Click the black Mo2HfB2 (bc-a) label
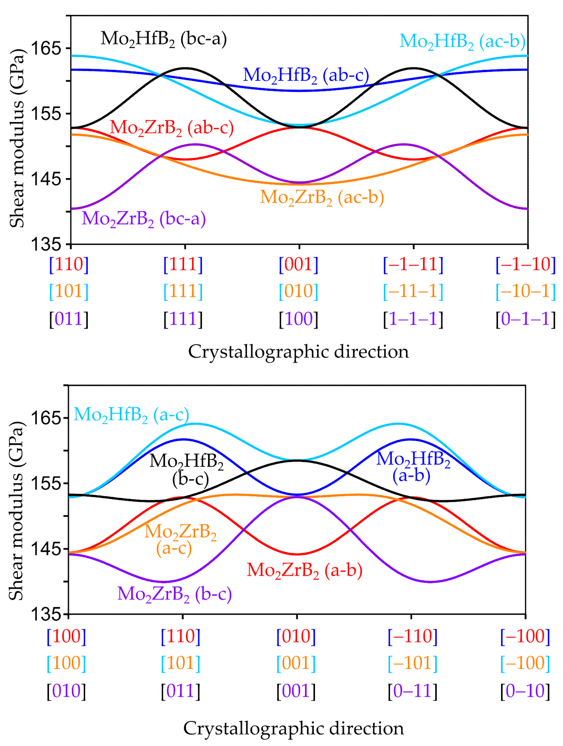tap(164, 39)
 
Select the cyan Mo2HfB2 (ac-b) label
tap(462, 41)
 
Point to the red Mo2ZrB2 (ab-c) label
tap(172, 128)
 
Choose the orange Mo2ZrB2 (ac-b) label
tap(322, 197)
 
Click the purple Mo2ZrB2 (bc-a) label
tap(144, 219)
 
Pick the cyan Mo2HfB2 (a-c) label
tap(131, 415)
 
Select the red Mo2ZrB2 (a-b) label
tap(304, 570)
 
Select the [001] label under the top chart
tap(298, 264)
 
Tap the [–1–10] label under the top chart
tap(525, 264)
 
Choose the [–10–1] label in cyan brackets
tap(525, 291)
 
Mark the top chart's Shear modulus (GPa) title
tap(17, 138)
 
